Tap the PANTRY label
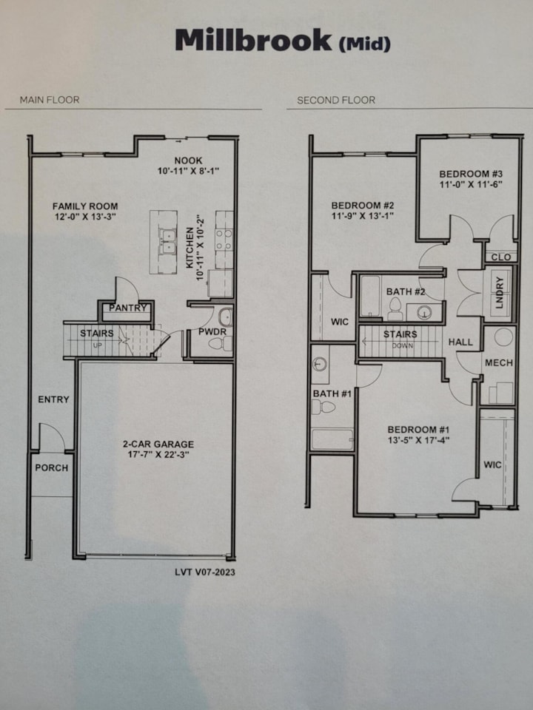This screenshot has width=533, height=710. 128,308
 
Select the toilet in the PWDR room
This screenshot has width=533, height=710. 221,344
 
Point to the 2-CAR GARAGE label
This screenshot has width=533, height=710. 158,444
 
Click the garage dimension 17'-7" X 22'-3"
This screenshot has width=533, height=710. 158,455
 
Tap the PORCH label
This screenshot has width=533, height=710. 52,467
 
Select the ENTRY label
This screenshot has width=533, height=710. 53,399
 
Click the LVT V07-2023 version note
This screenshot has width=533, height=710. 205,572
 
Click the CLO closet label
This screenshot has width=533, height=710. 501,257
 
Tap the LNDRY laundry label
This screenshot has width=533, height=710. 500,293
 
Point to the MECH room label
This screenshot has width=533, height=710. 499,362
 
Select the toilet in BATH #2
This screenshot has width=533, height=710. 395,310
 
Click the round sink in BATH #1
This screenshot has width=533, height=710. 320,362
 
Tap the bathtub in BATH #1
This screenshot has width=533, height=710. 332,439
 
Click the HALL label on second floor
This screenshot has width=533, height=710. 460,342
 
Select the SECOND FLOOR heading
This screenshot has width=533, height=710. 336,100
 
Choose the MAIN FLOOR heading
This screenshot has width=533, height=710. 50,100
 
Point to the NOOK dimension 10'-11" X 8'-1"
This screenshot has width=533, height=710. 189,171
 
